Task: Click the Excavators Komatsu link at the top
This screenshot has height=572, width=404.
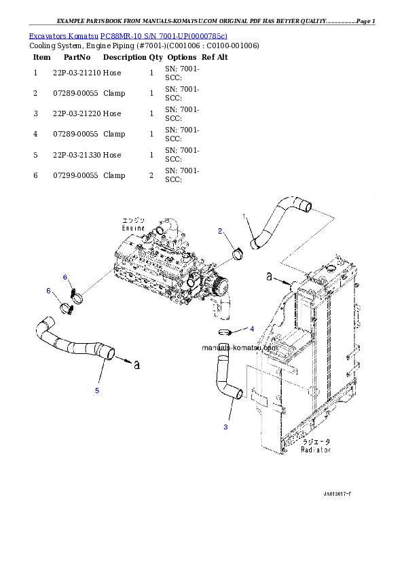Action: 128,36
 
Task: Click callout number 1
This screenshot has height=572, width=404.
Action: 244,215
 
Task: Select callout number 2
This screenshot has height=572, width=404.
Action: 220,231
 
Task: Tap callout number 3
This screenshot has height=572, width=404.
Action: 225,427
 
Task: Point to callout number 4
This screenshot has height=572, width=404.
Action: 252,329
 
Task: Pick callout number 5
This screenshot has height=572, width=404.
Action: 97,391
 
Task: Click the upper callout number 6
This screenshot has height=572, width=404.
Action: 65,277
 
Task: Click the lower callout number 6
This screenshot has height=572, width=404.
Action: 48,291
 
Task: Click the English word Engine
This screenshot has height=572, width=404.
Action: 133,229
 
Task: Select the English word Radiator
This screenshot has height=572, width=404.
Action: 316,450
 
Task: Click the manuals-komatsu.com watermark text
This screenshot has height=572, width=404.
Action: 240,347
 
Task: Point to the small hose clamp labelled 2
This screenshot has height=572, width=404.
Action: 238,254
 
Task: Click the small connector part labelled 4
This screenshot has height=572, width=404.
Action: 225,332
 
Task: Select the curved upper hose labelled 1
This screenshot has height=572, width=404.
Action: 278,221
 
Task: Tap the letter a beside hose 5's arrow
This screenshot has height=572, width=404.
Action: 136,365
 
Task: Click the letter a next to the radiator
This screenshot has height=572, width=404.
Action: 269,277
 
